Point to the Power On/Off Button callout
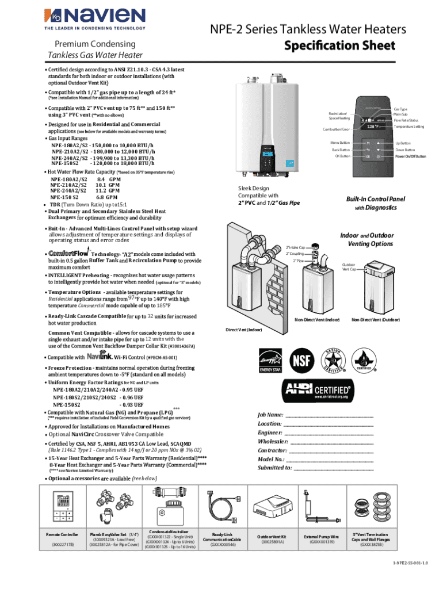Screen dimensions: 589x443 pos(410,156)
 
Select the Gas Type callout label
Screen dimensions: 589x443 pos(399,109)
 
